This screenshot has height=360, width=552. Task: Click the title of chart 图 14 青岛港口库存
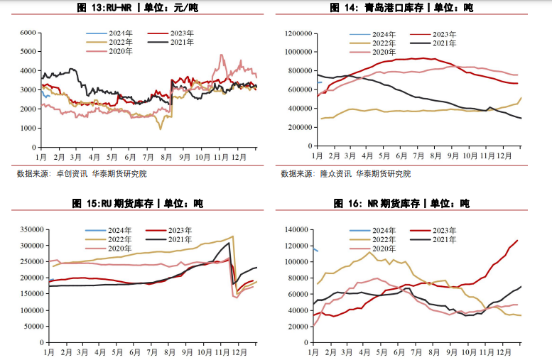[401, 8]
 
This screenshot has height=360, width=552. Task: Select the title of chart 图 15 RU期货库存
[137, 204]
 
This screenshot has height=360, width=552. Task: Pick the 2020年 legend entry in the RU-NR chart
[121, 51]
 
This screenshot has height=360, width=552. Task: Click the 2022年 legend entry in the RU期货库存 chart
[121, 240]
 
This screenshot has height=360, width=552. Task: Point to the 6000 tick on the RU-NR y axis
[28, 33]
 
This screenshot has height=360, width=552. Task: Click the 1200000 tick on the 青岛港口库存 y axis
[296, 33]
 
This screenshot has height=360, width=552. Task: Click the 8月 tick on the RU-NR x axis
[166, 157]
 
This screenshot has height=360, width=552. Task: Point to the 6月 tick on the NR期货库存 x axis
[402, 353]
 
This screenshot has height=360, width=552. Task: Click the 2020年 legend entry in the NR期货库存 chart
[384, 249]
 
